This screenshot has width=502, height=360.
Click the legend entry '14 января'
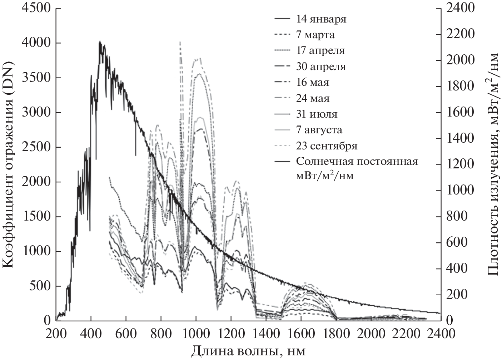(x=321, y=19)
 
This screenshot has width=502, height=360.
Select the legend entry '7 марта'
(x=315, y=35)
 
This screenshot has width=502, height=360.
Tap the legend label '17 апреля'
(x=320, y=50)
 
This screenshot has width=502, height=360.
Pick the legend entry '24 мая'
(x=313, y=98)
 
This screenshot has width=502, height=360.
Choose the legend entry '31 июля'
(x=317, y=114)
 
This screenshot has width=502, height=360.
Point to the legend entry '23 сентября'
(x=327, y=146)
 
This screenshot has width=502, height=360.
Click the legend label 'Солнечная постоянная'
(x=357, y=161)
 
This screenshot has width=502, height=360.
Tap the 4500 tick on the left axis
(x=36, y=8)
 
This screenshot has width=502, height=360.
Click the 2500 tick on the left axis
(x=36, y=147)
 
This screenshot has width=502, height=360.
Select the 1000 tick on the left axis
(x=36, y=251)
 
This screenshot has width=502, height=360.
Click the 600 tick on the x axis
(x=126, y=334)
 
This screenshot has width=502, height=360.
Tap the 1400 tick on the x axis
(x=266, y=334)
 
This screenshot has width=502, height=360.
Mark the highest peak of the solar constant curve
(x=100, y=41)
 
